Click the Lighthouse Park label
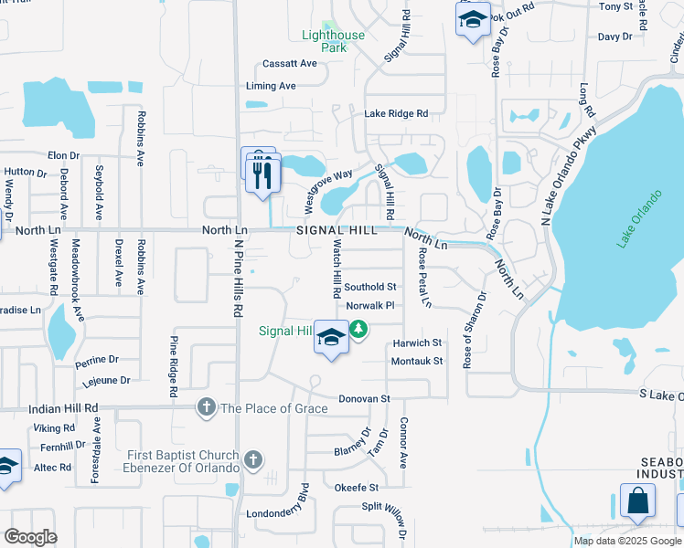pyautogui.click(x=334, y=41)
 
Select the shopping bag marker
pyautogui.click(x=637, y=501)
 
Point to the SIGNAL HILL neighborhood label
pyautogui.click(x=337, y=231)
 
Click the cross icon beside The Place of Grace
pyautogui.click(x=208, y=407)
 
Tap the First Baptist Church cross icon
pyautogui.click(x=253, y=460)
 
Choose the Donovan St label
pyautogui.click(x=364, y=399)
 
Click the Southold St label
pyautogui.click(x=370, y=287)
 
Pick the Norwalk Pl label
pyautogui.click(x=369, y=306)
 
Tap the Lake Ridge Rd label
pyautogui.click(x=396, y=114)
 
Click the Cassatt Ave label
pyautogui.click(x=289, y=64)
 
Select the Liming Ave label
pyautogui.click(x=271, y=86)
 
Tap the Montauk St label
pyautogui.click(x=416, y=361)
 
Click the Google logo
pyautogui.click(x=29, y=537)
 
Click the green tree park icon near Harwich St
pyautogui.click(x=359, y=330)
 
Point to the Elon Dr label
pyautogui.click(x=64, y=156)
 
